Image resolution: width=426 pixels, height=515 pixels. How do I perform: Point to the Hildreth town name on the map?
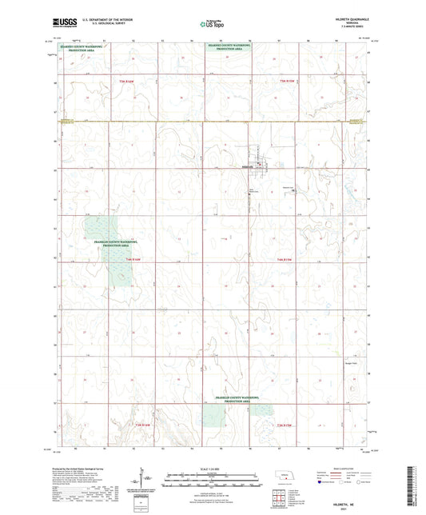247,166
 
